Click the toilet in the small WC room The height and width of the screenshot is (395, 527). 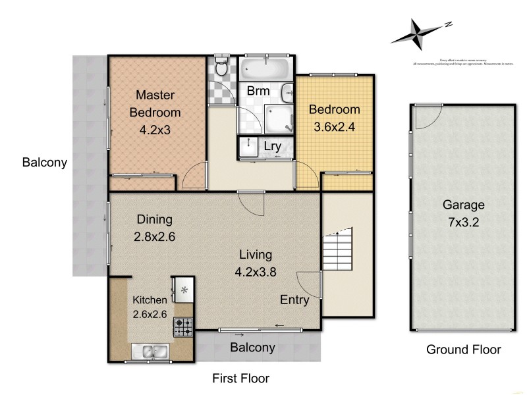pyautogui.click(x=222, y=67)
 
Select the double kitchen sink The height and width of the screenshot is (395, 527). pyautogui.click(x=151, y=353)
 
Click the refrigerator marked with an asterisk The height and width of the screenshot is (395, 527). pyautogui.click(x=184, y=289)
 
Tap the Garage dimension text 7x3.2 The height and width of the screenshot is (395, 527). pyautogui.click(x=464, y=222)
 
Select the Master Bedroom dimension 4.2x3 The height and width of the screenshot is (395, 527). pyautogui.click(x=155, y=130)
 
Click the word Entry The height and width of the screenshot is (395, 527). pyautogui.click(x=294, y=300)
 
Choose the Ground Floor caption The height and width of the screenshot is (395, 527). pyautogui.click(x=463, y=350)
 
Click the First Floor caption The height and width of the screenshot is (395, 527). pyautogui.click(x=240, y=379)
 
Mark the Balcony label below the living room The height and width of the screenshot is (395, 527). pyautogui.click(x=252, y=348)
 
